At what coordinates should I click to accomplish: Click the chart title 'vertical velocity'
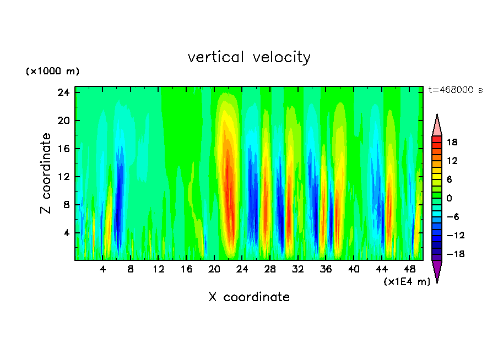pyautogui.click(x=249, y=57)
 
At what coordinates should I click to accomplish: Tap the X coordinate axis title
pyautogui.click(x=249, y=297)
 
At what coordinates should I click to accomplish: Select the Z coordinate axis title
pyautogui.click(x=46, y=173)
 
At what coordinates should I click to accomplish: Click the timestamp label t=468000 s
pyautogui.click(x=456, y=90)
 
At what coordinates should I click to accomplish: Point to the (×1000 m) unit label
pyautogui.click(x=53, y=72)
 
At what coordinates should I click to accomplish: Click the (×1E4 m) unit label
pyautogui.click(x=407, y=282)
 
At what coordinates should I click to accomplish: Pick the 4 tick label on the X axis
pyautogui.click(x=103, y=269)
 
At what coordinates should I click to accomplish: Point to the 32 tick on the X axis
pyautogui.click(x=298, y=269)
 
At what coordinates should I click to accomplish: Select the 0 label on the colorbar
pyautogui.click(x=448, y=198)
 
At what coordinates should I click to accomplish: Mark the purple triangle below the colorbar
pyautogui.click(x=437, y=270)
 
